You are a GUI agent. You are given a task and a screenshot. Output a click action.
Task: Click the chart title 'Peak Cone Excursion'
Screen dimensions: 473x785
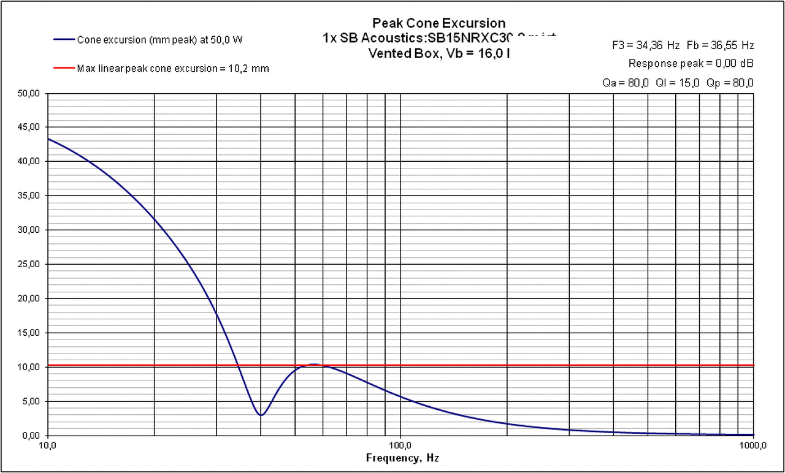pos(438,23)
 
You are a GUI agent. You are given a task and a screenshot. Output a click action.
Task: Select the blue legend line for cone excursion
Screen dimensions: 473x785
pos(63,39)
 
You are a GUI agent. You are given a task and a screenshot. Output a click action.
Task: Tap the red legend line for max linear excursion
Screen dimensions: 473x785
pos(63,68)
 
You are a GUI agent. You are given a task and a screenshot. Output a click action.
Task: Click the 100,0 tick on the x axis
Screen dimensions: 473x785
pos(400,445)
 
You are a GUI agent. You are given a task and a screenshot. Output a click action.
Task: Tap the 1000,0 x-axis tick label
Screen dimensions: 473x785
pos(753,445)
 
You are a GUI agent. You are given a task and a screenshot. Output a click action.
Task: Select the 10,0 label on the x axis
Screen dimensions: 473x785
pos(48,445)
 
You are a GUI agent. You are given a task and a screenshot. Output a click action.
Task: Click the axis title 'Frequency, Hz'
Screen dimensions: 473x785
pos(402,458)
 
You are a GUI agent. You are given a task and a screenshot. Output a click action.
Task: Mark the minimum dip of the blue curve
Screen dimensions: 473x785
pos(261,415)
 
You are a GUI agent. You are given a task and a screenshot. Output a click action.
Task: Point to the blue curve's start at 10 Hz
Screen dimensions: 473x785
pos(48,138)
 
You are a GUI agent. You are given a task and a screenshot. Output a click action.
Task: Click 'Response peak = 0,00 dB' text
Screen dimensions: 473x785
pos(691,63)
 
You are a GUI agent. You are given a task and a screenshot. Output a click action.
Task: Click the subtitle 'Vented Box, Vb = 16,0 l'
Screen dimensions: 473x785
pos(438,53)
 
